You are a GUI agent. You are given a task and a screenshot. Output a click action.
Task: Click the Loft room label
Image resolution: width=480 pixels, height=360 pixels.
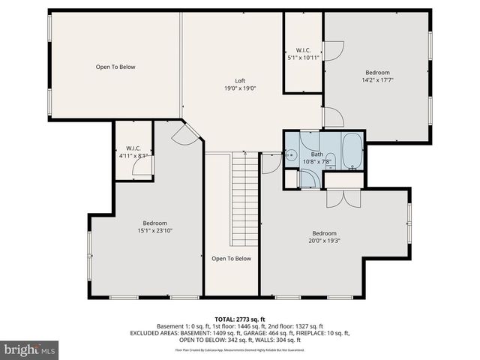point(240,80)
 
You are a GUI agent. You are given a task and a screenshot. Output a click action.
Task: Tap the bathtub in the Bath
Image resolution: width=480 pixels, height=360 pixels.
point(352,153)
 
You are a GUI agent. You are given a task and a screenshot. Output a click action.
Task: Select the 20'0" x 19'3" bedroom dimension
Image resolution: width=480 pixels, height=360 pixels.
point(324,241)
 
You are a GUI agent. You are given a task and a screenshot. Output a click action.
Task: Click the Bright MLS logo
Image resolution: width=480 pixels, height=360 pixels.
point(30,349)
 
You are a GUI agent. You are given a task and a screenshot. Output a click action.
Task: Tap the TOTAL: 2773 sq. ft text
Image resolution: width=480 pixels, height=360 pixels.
point(240,319)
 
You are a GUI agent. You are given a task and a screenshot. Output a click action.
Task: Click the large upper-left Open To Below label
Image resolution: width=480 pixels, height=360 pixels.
point(115,67)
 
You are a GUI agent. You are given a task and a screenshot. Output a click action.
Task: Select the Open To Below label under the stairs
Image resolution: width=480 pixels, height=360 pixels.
point(231,259)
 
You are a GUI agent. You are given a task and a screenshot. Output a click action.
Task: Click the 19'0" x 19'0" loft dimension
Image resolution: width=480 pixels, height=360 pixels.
point(240,88)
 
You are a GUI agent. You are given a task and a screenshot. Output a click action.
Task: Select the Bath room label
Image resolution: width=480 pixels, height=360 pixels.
point(310,153)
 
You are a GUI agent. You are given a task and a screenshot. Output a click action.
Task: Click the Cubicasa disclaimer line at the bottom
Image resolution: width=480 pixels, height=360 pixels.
point(240,349)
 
